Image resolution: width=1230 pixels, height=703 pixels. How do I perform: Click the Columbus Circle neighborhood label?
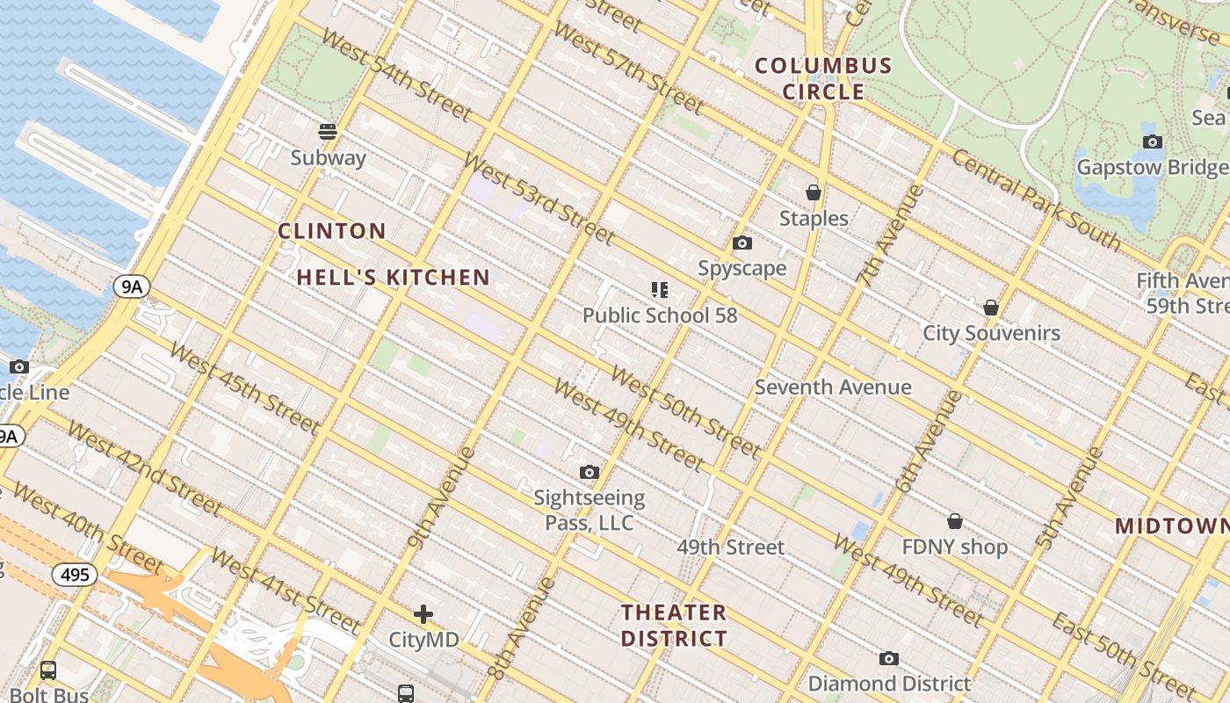pos(823,78)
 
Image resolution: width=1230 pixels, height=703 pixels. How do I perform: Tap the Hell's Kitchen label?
pos(393,278)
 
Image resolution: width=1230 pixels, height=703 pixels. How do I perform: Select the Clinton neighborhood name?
pos(332,231)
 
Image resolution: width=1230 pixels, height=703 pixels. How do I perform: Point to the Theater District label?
pos(674,625)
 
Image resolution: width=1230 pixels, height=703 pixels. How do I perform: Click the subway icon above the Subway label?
pos(328,132)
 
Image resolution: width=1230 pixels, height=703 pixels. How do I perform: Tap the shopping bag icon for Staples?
pos(814,192)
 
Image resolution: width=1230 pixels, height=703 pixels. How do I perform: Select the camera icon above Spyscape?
pos(742,243)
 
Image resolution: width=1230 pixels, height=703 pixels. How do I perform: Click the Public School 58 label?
pos(660,315)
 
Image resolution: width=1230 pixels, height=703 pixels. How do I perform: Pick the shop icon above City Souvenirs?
pos(991,308)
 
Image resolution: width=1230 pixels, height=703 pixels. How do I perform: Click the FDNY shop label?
pos(955,547)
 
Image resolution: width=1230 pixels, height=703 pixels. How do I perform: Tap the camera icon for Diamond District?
pos(889,658)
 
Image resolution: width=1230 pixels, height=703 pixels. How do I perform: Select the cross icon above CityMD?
pos(423,613)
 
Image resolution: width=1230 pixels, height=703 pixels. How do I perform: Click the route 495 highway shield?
pos(75,575)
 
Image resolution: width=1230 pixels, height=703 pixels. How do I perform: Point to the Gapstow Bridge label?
pos(1152,167)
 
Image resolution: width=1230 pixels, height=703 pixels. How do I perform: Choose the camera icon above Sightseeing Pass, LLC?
pos(590,473)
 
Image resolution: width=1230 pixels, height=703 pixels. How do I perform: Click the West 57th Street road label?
pos(628,69)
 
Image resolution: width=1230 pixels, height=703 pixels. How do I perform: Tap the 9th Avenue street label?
pos(441,497)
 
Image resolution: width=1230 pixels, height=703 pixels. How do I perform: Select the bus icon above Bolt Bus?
pos(48,670)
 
